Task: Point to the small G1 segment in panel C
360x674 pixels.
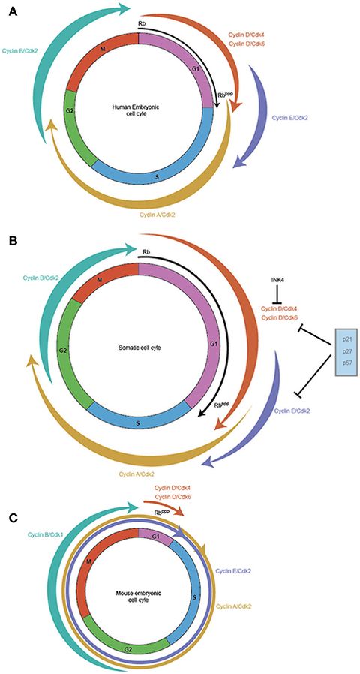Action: [154, 534]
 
